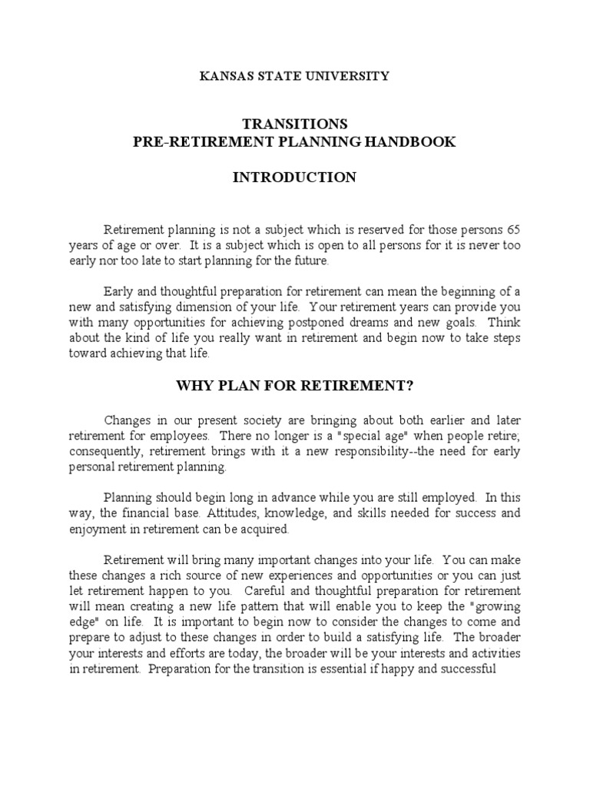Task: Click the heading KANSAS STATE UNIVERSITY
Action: click(x=295, y=76)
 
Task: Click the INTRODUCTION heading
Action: click(x=295, y=178)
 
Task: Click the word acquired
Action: click(x=264, y=530)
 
